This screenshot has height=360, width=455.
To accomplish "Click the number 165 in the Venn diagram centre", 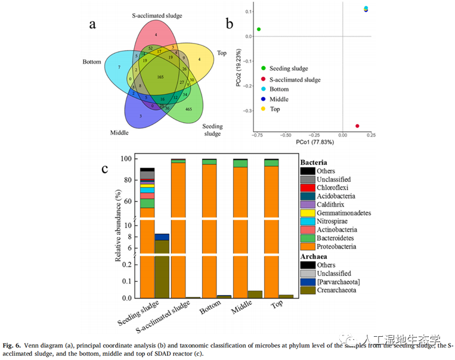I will [x=159, y=77].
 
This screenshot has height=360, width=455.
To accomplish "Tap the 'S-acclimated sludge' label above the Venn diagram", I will [x=157, y=15].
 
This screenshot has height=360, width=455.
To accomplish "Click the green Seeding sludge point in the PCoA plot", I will [x=259, y=29].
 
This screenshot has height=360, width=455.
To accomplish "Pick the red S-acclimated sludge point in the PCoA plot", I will [x=357, y=126].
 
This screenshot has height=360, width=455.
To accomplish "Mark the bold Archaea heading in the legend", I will [x=314, y=256].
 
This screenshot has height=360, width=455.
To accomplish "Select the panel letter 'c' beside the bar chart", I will [x=105, y=169].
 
